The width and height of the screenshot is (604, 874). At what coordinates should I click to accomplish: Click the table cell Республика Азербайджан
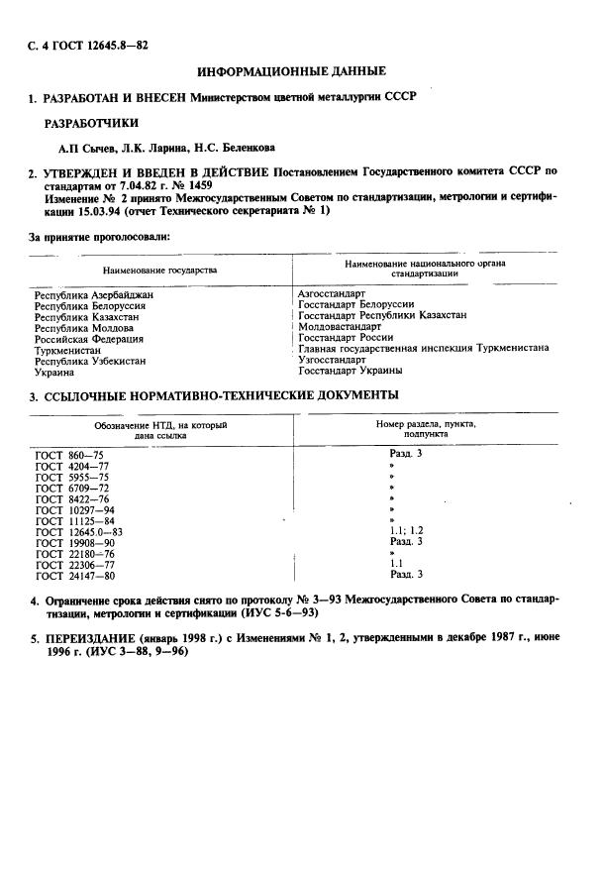pyautogui.click(x=94, y=295)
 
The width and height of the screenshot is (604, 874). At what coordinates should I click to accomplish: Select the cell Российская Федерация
pyautogui.click(x=89, y=339)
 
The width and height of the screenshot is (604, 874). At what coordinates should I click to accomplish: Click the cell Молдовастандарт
pyautogui.click(x=339, y=326)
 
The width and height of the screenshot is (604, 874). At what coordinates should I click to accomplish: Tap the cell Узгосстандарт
pyautogui.click(x=334, y=360)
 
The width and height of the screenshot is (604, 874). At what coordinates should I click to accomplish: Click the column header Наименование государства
pyautogui.click(x=159, y=270)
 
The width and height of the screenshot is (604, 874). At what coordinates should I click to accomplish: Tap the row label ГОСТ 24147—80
pyautogui.click(x=75, y=576)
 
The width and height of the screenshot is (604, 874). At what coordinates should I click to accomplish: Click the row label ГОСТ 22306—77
pyautogui.click(x=75, y=565)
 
